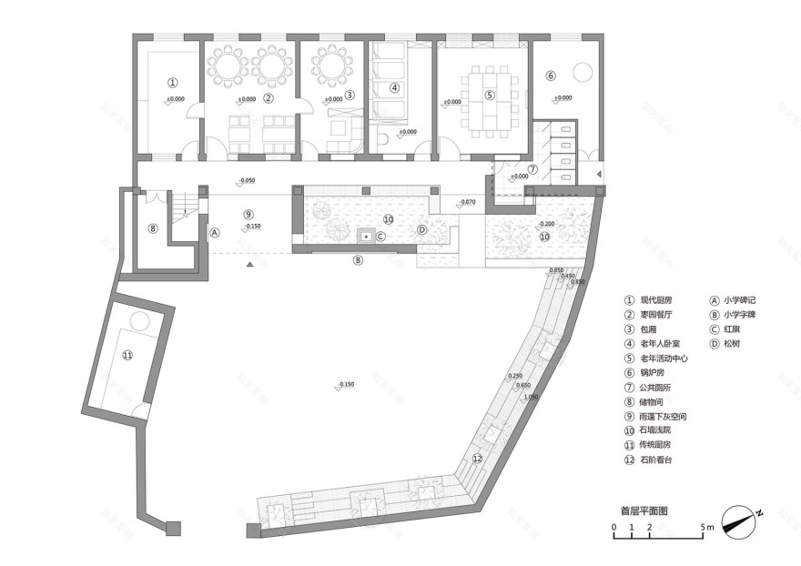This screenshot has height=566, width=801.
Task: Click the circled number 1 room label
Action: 171,83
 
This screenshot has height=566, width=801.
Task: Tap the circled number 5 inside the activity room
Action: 489,95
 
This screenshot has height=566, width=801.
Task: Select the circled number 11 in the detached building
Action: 127,355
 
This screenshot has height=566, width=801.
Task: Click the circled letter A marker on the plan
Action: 215,232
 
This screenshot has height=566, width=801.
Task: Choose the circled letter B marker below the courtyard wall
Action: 358,259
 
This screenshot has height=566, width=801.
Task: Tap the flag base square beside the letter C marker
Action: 367,237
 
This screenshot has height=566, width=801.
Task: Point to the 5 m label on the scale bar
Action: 708,528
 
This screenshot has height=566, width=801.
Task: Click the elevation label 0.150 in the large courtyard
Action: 345,385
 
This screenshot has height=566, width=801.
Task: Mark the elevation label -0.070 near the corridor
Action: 467,201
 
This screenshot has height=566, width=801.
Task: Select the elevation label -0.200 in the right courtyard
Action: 546,223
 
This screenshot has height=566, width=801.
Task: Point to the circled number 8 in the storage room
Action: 153,228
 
